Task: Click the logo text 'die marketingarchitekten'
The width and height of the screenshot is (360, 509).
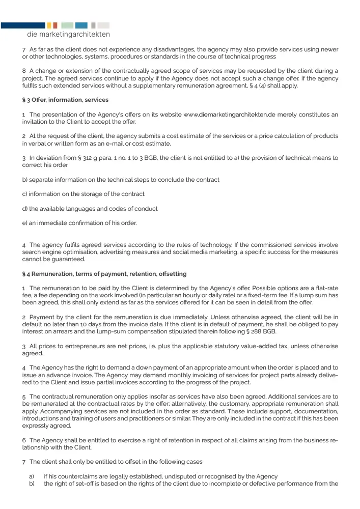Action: click(x=68, y=35)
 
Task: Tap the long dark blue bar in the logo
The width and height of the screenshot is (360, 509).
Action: click(x=22, y=25)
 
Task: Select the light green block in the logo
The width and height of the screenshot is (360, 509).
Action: click(x=67, y=25)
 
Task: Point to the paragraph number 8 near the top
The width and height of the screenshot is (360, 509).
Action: click(x=24, y=71)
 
